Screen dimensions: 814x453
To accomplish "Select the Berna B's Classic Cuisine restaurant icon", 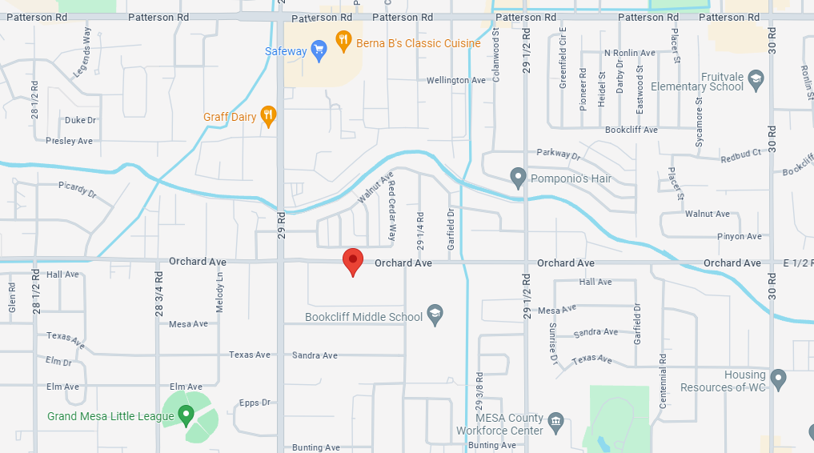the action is (343, 41).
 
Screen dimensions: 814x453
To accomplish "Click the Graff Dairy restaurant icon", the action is (269, 116).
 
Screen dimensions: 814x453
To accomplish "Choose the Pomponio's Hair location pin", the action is (518, 177).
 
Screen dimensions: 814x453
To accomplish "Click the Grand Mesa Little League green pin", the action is (186, 415).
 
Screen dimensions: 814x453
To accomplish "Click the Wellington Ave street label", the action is (456, 81).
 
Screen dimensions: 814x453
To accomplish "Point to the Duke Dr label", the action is (80, 121).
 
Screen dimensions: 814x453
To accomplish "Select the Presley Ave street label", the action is (69, 141).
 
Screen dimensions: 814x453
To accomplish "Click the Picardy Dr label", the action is (77, 190).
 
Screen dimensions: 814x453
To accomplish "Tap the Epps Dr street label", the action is (255, 403).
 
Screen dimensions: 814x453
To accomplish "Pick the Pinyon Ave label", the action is (740, 237).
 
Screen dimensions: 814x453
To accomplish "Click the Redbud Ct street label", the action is (740, 156).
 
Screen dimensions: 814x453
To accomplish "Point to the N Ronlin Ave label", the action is (630, 53).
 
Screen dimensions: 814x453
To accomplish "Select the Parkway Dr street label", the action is (558, 154).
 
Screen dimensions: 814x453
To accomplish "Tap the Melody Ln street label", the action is (219, 284).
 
